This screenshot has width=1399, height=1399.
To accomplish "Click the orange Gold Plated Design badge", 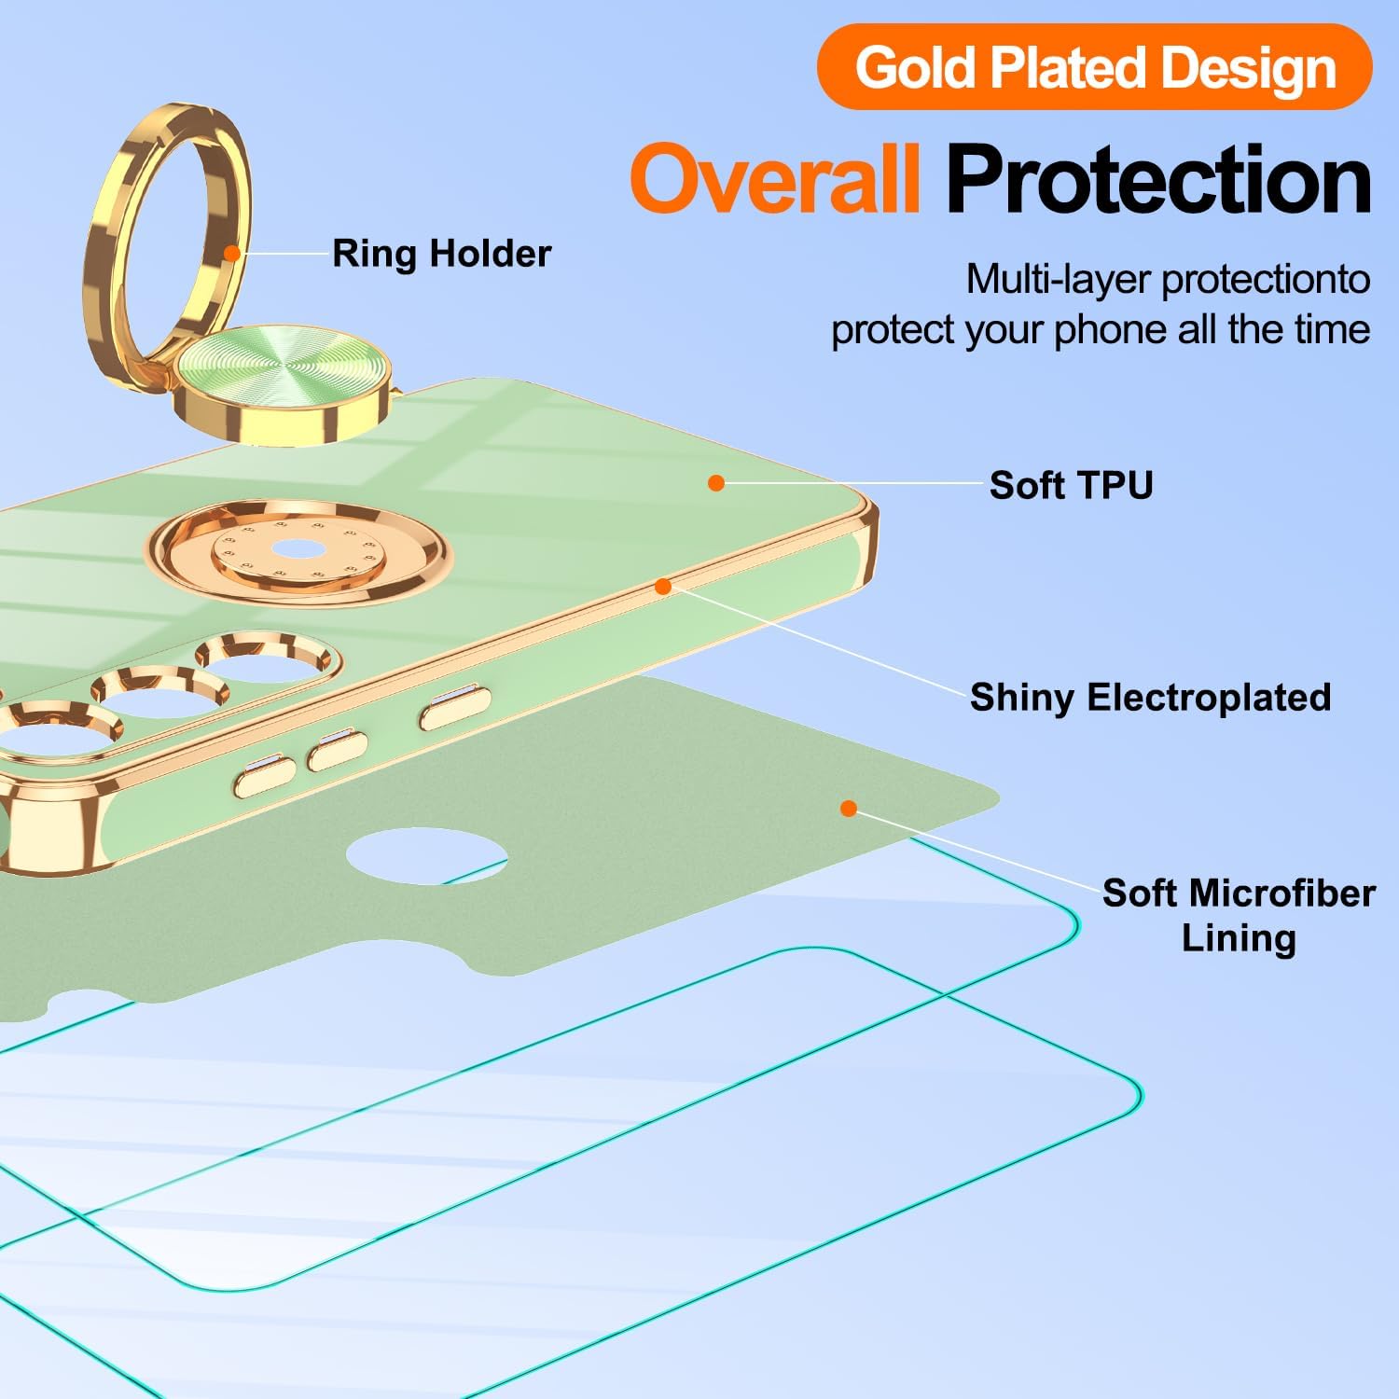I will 1094,67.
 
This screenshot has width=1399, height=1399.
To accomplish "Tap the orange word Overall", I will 775,179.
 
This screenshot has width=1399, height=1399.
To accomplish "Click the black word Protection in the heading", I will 1158,179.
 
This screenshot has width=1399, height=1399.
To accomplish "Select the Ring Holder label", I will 441,254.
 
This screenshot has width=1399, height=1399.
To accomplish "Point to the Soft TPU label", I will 1071,485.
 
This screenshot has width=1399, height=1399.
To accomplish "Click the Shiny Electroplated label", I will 1150,698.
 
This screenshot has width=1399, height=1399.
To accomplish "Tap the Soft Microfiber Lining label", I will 1238,915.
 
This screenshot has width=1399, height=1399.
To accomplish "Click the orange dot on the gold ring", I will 231,253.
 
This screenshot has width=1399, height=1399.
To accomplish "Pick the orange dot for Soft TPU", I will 716,482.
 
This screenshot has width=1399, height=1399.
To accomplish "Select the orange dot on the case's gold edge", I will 663,587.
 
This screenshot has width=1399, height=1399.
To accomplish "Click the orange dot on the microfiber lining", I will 848,808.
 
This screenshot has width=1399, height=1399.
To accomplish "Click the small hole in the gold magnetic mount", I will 298,548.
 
